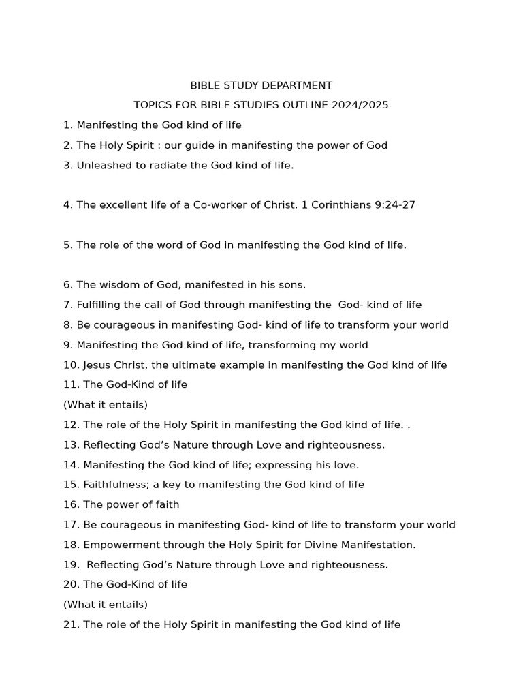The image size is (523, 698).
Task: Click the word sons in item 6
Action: (293, 285)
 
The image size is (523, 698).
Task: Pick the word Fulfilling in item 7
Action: (101, 305)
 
